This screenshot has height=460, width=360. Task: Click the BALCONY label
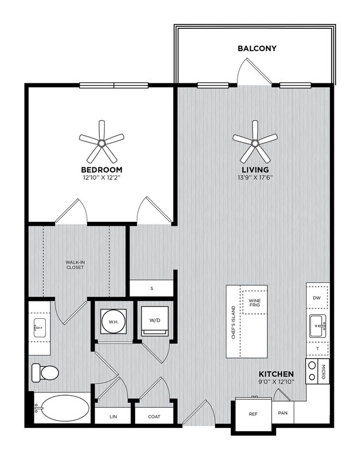(x=257, y=49)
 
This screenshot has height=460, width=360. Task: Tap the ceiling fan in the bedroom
(x=101, y=142)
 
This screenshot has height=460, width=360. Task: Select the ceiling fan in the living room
(x=255, y=142)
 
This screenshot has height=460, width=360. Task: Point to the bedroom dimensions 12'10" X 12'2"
(x=101, y=177)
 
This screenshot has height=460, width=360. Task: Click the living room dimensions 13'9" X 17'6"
(x=255, y=177)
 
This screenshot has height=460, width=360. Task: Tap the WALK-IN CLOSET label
(x=75, y=265)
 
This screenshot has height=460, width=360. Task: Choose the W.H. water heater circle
(x=113, y=321)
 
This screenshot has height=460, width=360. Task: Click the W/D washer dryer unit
(x=155, y=321)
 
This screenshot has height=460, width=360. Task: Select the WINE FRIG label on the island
(x=254, y=302)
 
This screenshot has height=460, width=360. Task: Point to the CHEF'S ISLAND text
(x=234, y=322)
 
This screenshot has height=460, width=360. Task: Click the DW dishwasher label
(x=316, y=298)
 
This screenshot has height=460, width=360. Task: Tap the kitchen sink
(x=318, y=326)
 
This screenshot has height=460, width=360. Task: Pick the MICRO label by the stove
(x=324, y=371)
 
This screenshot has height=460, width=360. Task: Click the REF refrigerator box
(x=253, y=414)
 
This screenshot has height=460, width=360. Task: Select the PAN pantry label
(x=283, y=413)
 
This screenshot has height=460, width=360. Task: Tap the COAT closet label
(x=154, y=416)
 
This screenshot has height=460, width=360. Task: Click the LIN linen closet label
(x=113, y=416)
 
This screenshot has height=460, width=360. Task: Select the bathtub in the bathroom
(x=62, y=408)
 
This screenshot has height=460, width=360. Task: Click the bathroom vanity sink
(x=40, y=328)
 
